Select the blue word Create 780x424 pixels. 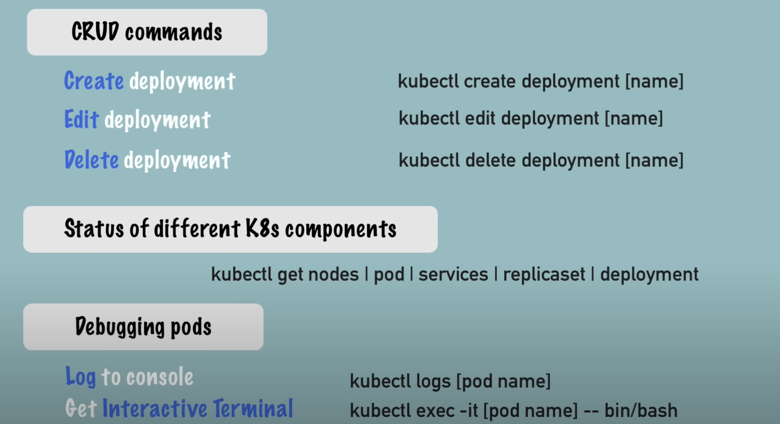94,81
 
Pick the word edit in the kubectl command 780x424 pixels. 480,118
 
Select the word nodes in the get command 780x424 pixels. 333,274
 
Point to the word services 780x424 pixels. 453,274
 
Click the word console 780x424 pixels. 160,377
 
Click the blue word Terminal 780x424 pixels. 253,408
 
